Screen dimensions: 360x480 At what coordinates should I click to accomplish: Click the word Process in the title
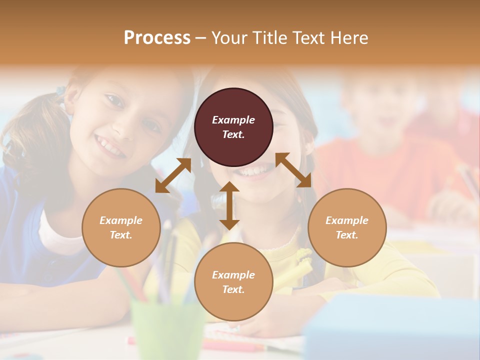[157, 38]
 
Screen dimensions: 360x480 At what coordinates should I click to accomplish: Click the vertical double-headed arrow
[229, 205]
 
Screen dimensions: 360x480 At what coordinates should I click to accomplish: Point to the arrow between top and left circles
[173, 175]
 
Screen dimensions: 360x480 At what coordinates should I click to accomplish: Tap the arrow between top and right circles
[293, 170]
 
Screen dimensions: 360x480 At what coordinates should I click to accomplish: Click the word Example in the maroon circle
[233, 120]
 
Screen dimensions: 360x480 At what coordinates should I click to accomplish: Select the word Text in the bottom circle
[233, 289]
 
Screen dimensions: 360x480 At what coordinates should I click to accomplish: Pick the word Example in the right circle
[347, 220]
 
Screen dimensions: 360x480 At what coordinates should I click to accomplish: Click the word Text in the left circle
[120, 235]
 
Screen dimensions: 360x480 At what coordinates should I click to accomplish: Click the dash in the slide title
[200, 38]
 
